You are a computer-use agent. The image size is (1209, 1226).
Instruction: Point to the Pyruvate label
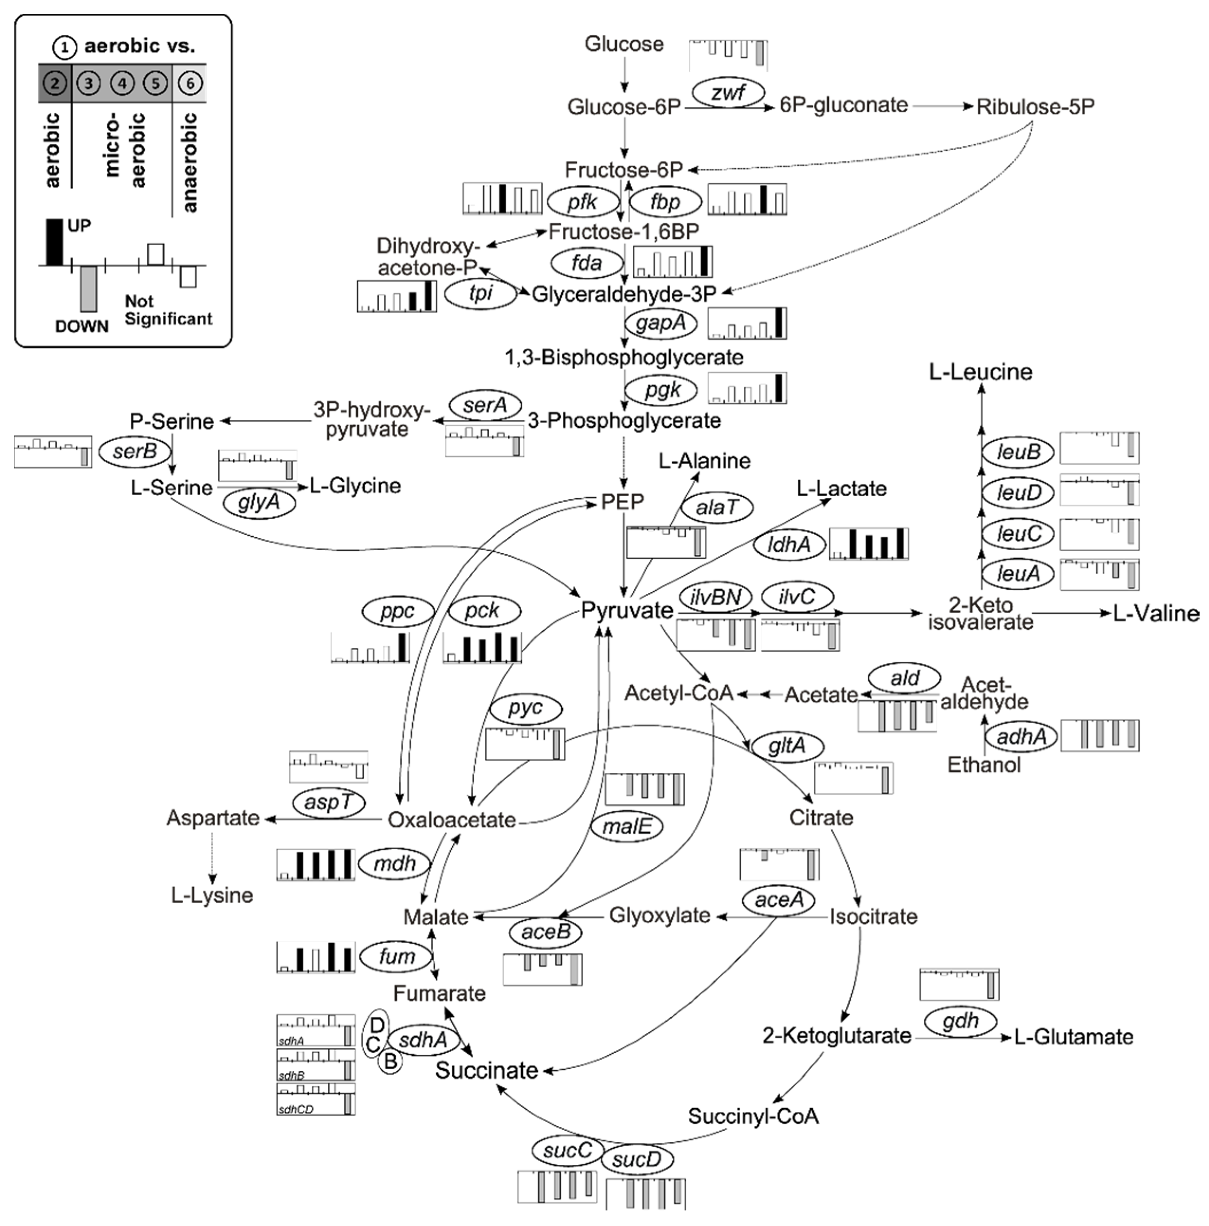click(x=627, y=610)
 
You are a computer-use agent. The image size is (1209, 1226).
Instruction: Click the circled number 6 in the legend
click(x=189, y=83)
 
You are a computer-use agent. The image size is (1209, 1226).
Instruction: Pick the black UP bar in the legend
click(x=55, y=242)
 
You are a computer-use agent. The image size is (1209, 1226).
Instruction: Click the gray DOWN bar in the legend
click(x=89, y=289)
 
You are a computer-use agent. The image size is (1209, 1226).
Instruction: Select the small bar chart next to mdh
click(x=315, y=864)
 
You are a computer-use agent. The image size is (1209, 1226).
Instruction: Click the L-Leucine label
click(x=980, y=372)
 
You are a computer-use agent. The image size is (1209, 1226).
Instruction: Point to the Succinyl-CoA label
click(x=753, y=1116)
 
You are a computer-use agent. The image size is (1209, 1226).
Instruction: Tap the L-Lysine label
click(x=212, y=895)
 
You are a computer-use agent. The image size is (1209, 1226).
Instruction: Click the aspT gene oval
click(x=329, y=802)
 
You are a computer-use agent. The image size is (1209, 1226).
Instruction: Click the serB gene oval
click(x=135, y=451)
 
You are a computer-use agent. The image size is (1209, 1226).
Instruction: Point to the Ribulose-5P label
click(x=1035, y=107)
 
